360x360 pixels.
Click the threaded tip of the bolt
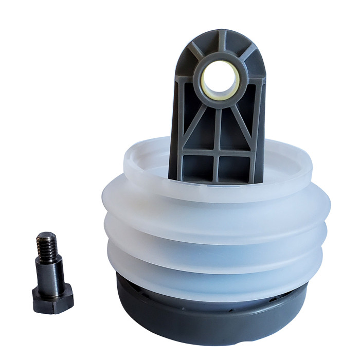(46, 242)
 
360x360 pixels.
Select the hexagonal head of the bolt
(52, 298)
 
